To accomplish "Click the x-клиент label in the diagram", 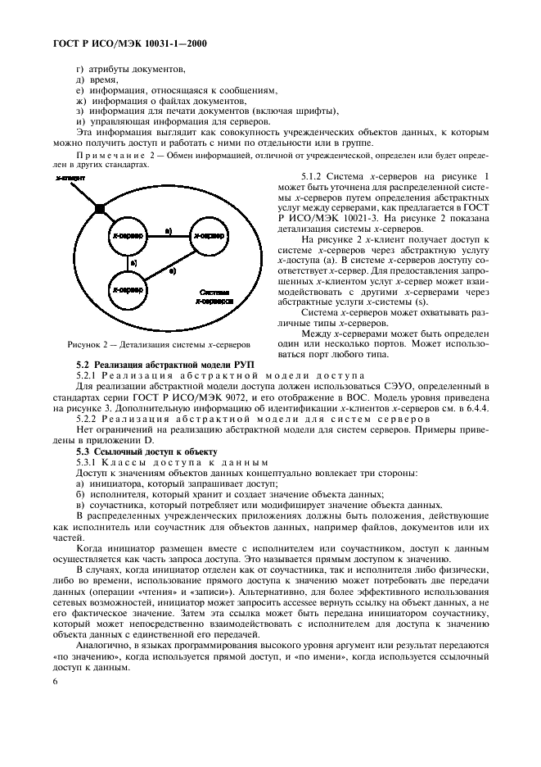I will (x=65, y=176).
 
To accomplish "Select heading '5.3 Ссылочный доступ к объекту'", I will (x=147, y=452).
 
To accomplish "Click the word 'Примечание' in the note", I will (x=106, y=154).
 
